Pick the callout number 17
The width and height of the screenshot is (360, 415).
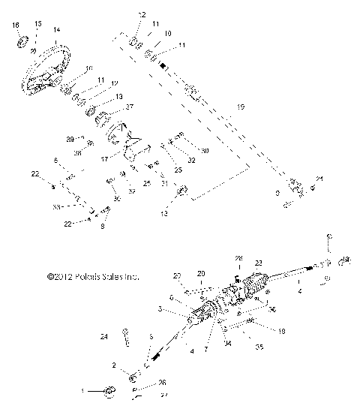[x=103, y=159]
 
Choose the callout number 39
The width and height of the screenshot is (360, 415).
[x=70, y=139]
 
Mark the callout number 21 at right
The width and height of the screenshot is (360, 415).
[x=319, y=179]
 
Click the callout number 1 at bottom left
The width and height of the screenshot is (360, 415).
[x=83, y=390]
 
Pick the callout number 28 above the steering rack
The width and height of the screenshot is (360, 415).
[x=238, y=259]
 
